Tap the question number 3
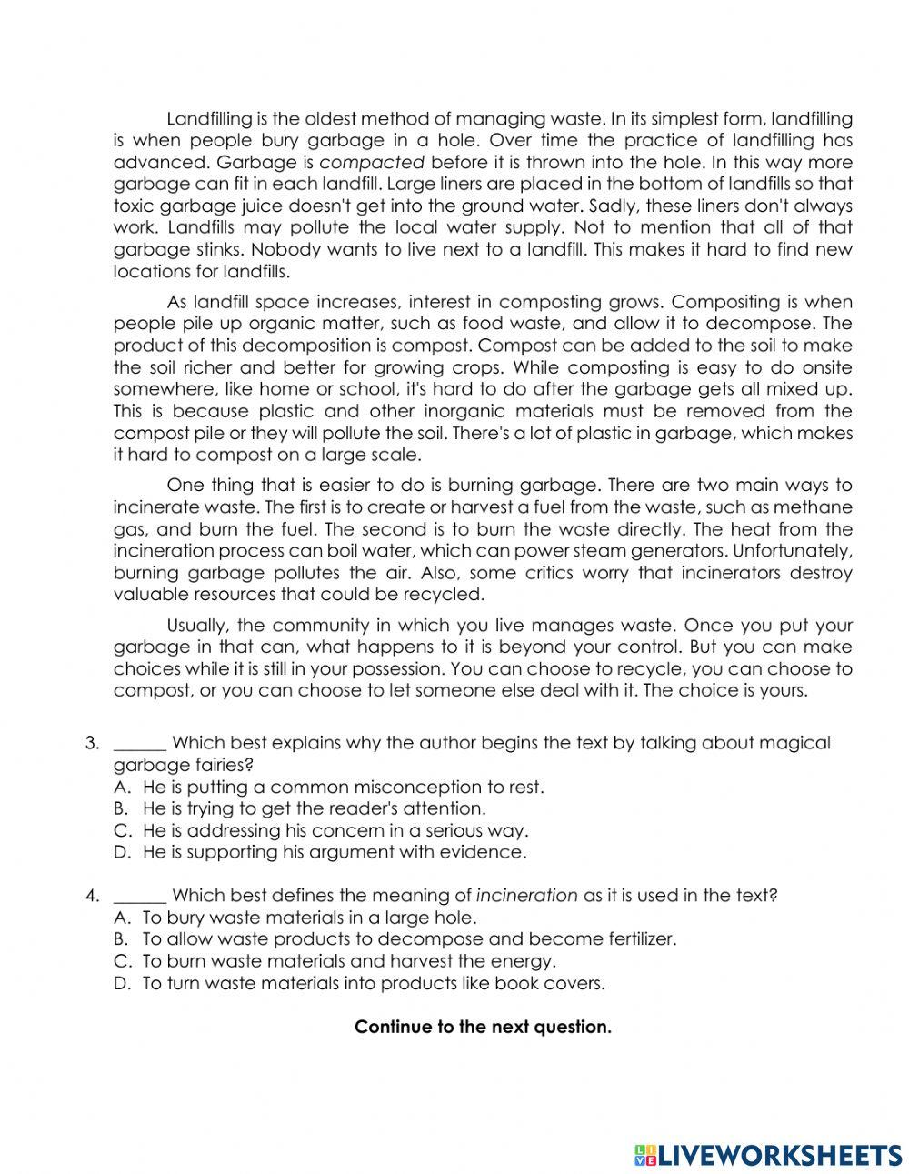coord(91,743)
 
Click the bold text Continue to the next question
coord(483,1028)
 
